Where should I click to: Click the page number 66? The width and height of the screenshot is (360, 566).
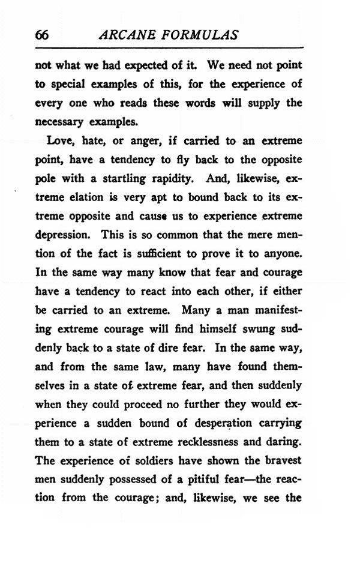coord(41,35)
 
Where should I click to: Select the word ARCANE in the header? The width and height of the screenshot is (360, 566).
coord(124,35)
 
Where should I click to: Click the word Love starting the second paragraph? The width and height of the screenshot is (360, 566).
coord(59,142)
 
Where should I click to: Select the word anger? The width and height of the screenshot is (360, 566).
coord(142,142)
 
